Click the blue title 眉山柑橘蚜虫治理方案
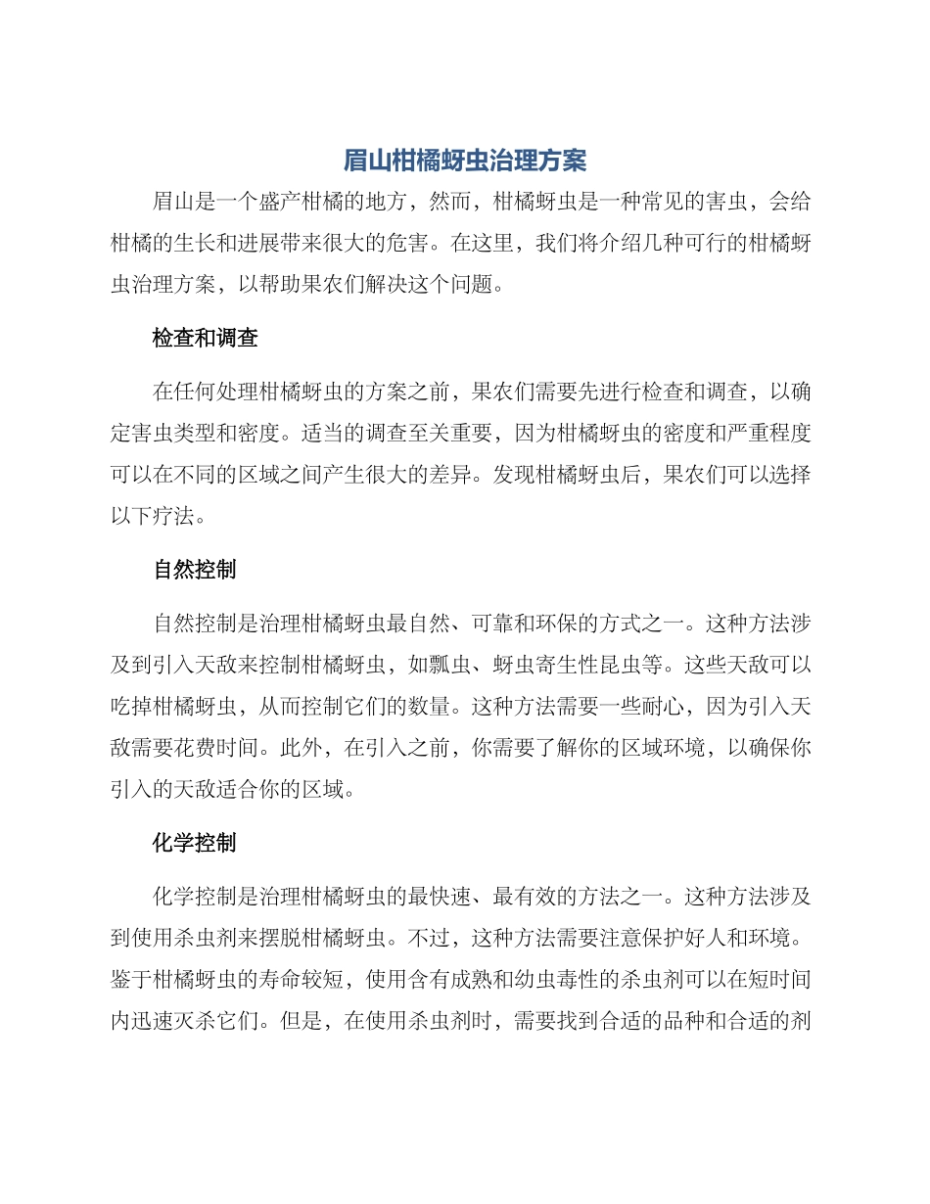tap(465, 161)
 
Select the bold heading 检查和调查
tap(206, 339)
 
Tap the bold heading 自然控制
tap(195, 570)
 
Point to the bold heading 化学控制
tap(195, 842)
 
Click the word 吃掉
tap(132, 707)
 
